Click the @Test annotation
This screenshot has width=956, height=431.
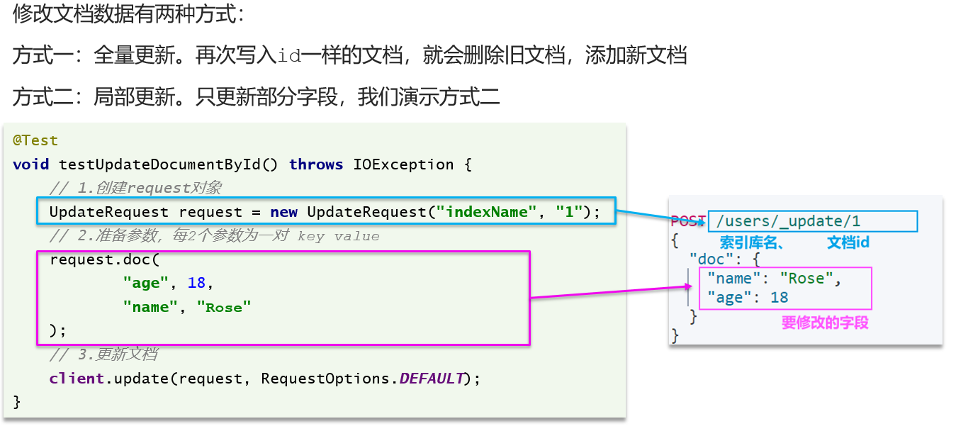(x=35, y=140)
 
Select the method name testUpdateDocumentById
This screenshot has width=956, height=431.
(x=159, y=164)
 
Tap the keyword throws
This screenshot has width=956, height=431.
(x=316, y=164)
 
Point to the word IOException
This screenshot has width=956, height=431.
(x=403, y=164)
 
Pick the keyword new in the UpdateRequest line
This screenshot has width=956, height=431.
(x=283, y=212)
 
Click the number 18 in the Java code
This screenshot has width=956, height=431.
(x=196, y=283)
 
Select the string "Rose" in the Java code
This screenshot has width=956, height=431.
(x=224, y=307)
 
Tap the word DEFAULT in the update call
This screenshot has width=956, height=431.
(x=432, y=378)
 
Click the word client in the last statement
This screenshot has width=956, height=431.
(x=77, y=378)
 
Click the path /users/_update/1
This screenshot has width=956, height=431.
(x=788, y=221)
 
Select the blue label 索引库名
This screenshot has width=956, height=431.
(x=748, y=242)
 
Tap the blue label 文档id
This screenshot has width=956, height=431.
(x=848, y=242)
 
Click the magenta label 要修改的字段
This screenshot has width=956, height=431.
(x=825, y=323)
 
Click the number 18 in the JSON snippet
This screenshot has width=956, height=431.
(x=779, y=298)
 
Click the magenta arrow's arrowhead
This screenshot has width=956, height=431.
(x=688, y=286)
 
